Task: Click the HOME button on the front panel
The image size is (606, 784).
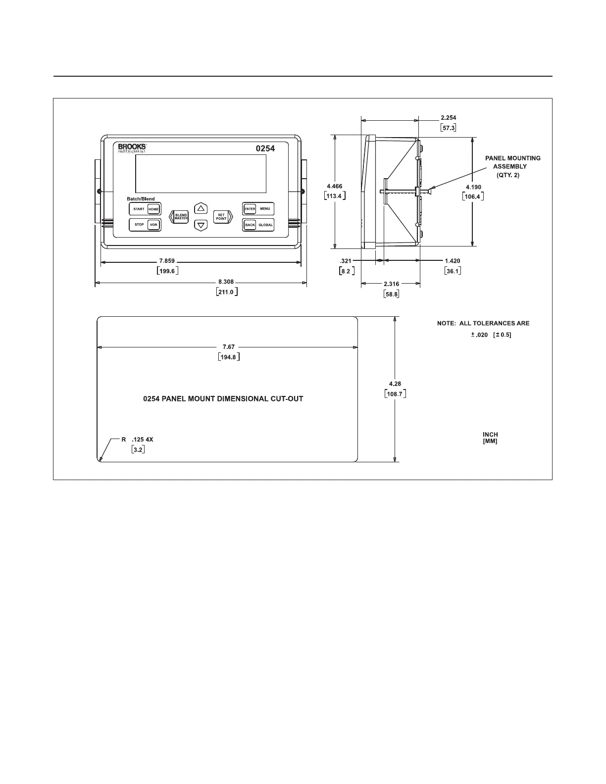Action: pyautogui.click(x=153, y=209)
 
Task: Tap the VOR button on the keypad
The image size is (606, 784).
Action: pyautogui.click(x=153, y=225)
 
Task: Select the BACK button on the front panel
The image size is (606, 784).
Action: pyautogui.click(x=250, y=225)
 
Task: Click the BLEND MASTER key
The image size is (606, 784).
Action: pyautogui.click(x=181, y=217)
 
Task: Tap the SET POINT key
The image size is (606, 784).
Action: pyautogui.click(x=221, y=217)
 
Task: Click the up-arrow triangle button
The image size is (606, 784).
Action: pyautogui.click(x=201, y=208)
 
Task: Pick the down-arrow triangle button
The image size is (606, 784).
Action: pyautogui.click(x=201, y=226)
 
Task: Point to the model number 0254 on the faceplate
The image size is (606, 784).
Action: pyautogui.click(x=265, y=148)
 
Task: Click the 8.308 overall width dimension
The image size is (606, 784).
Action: pyautogui.click(x=226, y=282)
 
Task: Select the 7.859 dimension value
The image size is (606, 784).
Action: pyautogui.click(x=167, y=261)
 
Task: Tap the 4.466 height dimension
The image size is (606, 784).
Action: pyautogui.click(x=334, y=186)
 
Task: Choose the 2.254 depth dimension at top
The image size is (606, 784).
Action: pyautogui.click(x=448, y=118)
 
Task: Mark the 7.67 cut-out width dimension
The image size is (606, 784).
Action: pyautogui.click(x=228, y=347)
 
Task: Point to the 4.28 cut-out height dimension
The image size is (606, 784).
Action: pyautogui.click(x=395, y=384)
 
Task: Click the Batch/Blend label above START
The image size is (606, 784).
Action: pyautogui.click(x=141, y=199)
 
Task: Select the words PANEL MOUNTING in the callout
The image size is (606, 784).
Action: pyautogui.click(x=512, y=158)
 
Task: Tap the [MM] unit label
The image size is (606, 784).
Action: pyautogui.click(x=490, y=441)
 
